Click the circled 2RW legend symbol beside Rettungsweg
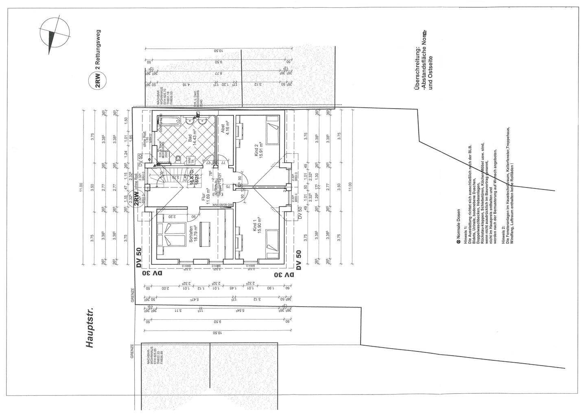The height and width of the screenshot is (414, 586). (98, 79)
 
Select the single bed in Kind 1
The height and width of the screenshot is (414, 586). (271, 243)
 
